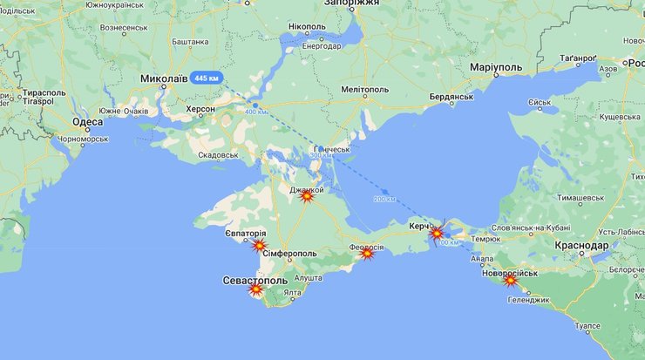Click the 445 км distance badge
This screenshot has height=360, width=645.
point(207,78)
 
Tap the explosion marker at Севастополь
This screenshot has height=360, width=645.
point(256,289)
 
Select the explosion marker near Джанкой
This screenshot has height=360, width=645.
point(306,197)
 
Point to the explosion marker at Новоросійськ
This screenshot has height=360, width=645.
point(511,280)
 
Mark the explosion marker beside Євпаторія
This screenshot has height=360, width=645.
point(259,246)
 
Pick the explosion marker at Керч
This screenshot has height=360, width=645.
point(437,233)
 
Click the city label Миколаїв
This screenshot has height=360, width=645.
point(164,78)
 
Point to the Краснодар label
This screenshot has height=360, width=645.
point(581,246)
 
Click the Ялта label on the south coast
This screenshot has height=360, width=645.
point(292,293)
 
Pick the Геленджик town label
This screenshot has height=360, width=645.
point(529,300)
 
